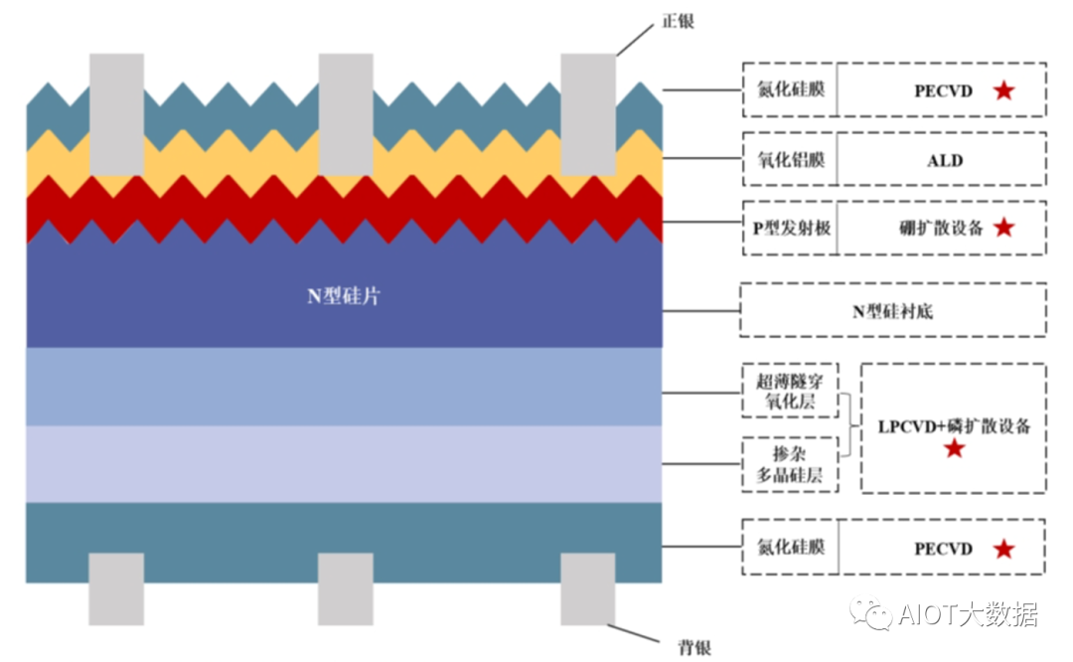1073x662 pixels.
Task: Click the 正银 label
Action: (x=678, y=20)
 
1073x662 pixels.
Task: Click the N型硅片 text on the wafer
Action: (x=343, y=296)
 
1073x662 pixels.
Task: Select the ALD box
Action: (x=943, y=160)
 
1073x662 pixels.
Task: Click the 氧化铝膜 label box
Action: (x=790, y=159)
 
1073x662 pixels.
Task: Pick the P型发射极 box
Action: (x=790, y=228)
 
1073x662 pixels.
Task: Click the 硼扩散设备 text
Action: (x=934, y=228)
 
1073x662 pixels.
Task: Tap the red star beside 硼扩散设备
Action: (x=1003, y=228)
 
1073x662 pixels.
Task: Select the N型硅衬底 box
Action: (x=892, y=311)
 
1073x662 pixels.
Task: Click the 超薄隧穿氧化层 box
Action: (x=790, y=391)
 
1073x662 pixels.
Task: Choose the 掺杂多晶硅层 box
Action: (x=790, y=464)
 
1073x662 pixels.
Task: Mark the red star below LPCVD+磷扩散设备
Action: (x=954, y=449)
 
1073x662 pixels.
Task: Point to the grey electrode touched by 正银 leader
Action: (x=588, y=114)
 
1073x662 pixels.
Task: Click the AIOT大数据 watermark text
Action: (x=968, y=615)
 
